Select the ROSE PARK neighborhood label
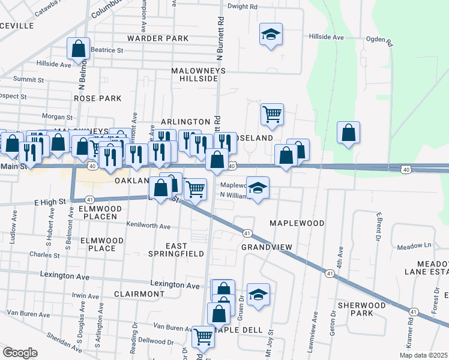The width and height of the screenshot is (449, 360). [x=97, y=98]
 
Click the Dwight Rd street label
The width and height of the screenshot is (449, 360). [x=243, y=7]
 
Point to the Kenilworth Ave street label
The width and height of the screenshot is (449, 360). [x=148, y=226]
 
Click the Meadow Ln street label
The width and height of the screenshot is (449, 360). [x=414, y=245]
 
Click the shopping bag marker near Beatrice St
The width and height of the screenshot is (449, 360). [x=79, y=49]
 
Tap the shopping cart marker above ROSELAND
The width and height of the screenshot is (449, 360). [x=272, y=113]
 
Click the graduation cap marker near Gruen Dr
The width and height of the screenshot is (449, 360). [x=258, y=294]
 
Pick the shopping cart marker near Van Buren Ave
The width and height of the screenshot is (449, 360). [x=203, y=337]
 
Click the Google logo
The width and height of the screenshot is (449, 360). [x=20, y=353]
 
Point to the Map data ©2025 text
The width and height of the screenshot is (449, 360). [x=424, y=355]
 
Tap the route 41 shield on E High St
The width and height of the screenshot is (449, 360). [x=89, y=199]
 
